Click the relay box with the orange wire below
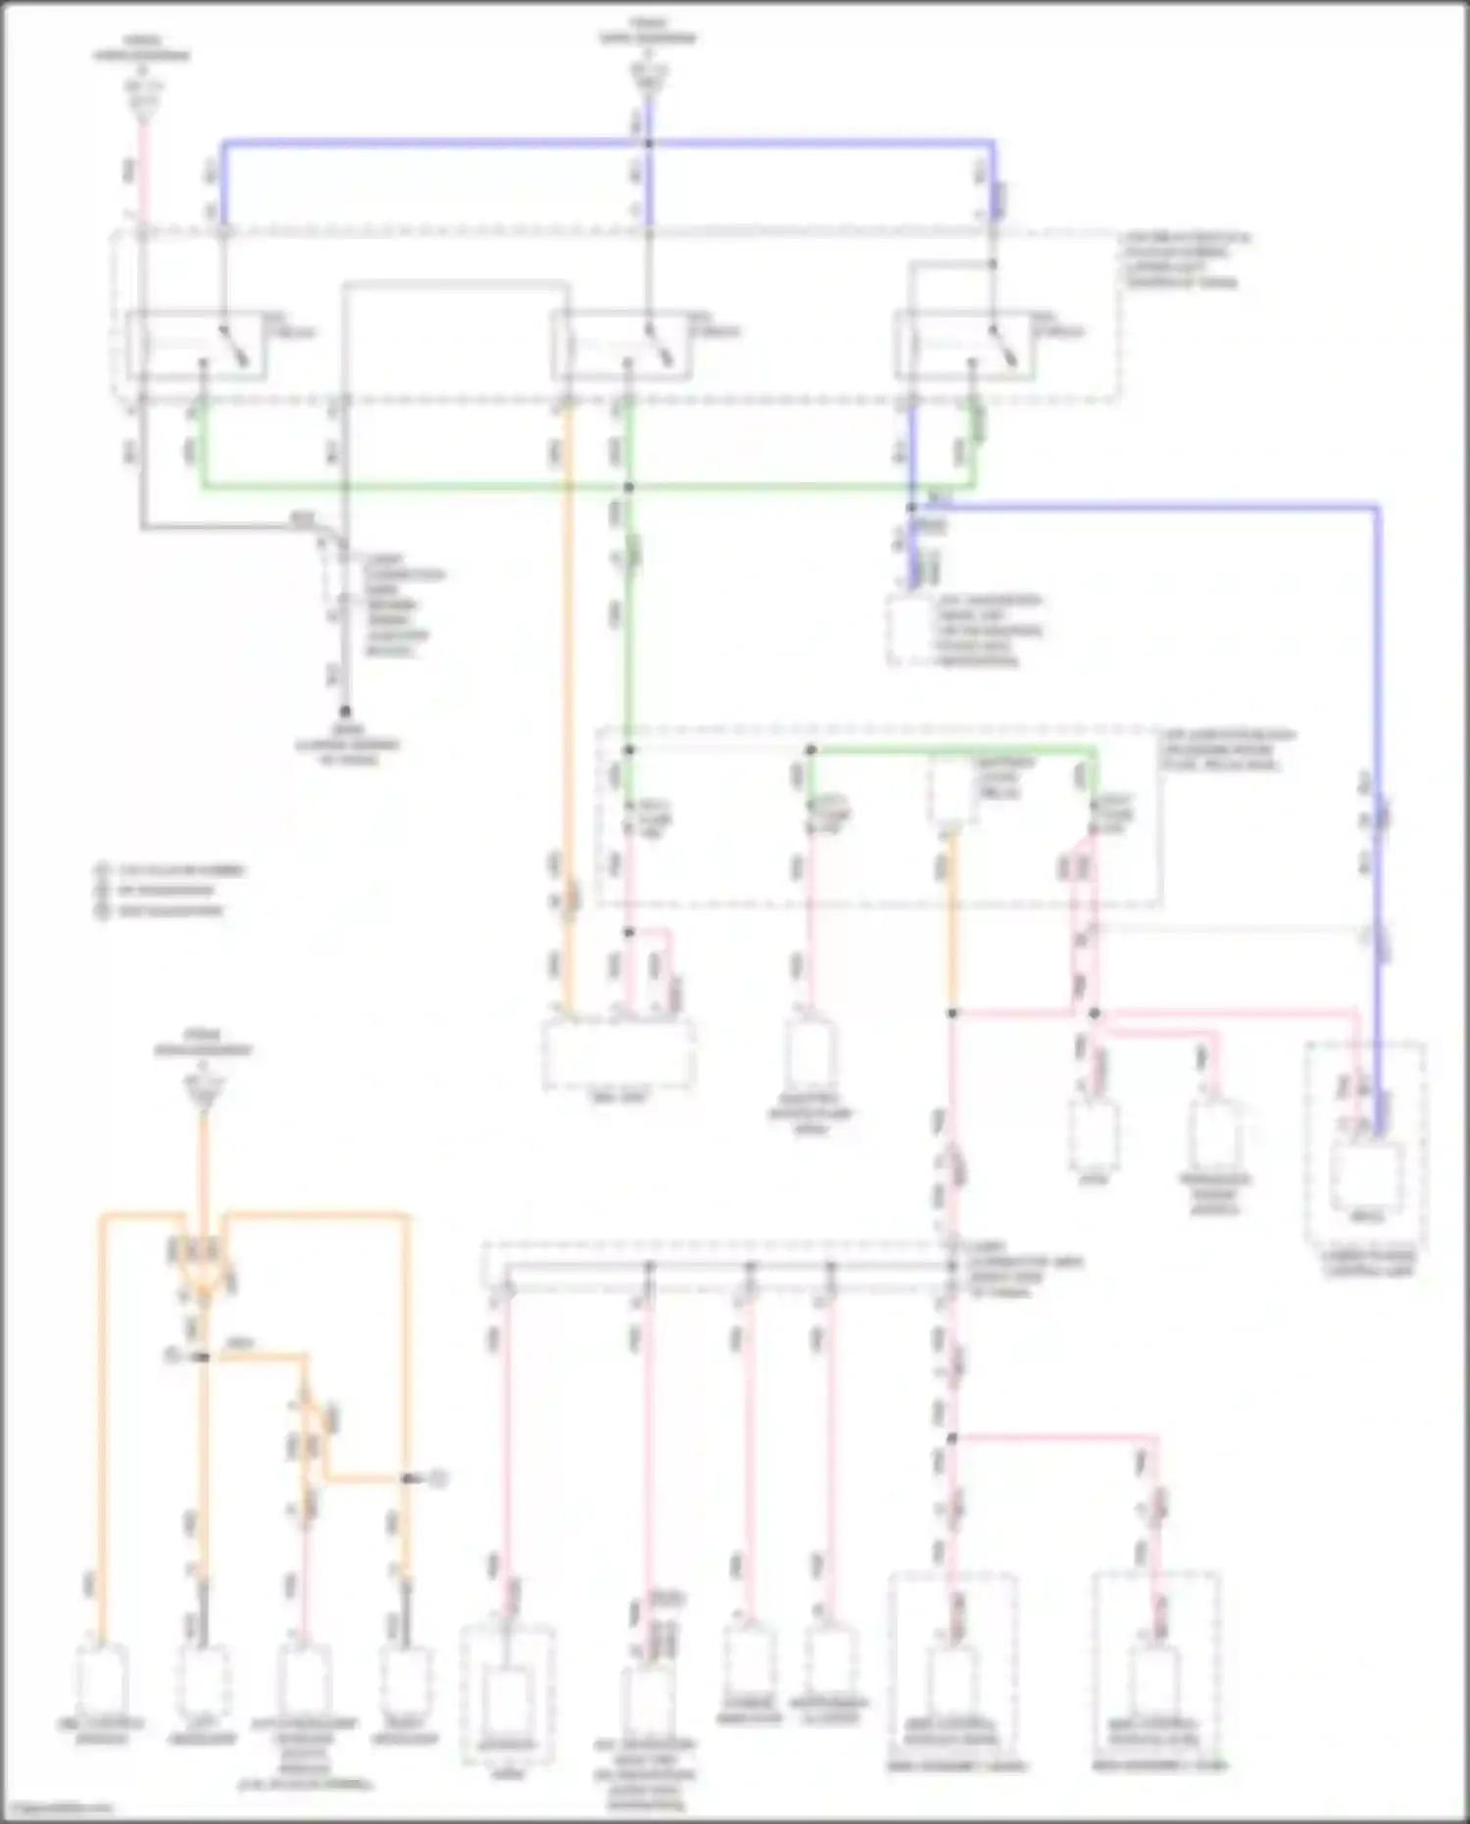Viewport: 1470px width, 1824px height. coord(619,344)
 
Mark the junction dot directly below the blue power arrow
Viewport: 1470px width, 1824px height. coord(648,144)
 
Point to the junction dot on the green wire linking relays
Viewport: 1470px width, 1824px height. coord(629,487)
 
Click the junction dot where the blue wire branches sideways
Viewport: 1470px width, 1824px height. coord(911,507)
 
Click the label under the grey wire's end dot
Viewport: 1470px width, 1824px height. coord(348,745)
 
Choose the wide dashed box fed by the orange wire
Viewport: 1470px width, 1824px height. coord(619,1055)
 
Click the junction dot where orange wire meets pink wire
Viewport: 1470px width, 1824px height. coord(952,1012)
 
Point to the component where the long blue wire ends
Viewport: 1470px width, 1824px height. coord(1368,1176)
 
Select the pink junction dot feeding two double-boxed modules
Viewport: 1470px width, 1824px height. coord(952,1439)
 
